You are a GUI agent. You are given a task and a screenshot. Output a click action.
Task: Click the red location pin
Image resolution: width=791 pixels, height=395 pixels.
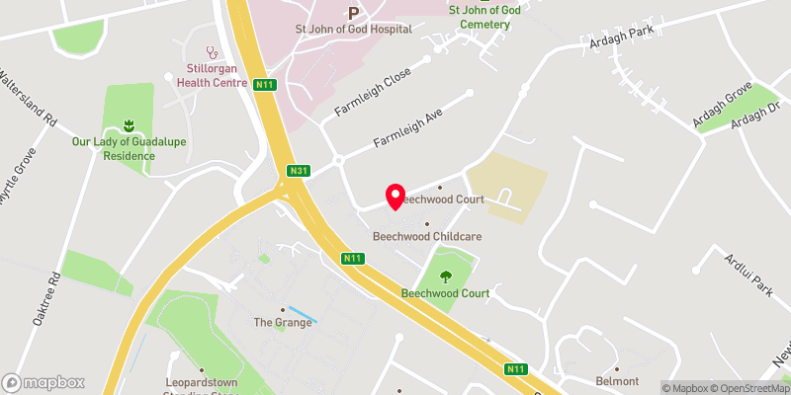[395, 197]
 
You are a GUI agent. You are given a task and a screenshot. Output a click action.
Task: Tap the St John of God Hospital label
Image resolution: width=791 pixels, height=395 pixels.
[354, 29]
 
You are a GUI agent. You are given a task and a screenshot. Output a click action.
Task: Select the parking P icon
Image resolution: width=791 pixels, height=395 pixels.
[353, 13]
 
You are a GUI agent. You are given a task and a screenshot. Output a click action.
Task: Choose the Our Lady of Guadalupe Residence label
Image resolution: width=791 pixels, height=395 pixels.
[129, 148]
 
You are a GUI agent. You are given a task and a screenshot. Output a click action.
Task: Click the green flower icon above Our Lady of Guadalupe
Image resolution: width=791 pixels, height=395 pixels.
[128, 125]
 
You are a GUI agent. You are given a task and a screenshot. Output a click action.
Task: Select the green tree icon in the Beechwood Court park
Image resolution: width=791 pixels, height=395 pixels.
[446, 276]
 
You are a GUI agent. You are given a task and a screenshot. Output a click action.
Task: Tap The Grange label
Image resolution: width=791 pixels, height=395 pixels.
[283, 323]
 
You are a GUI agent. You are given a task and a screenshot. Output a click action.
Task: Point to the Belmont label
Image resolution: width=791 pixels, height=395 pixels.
[617, 381]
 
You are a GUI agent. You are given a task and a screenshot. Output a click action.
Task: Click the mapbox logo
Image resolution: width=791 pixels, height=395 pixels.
[44, 382]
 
